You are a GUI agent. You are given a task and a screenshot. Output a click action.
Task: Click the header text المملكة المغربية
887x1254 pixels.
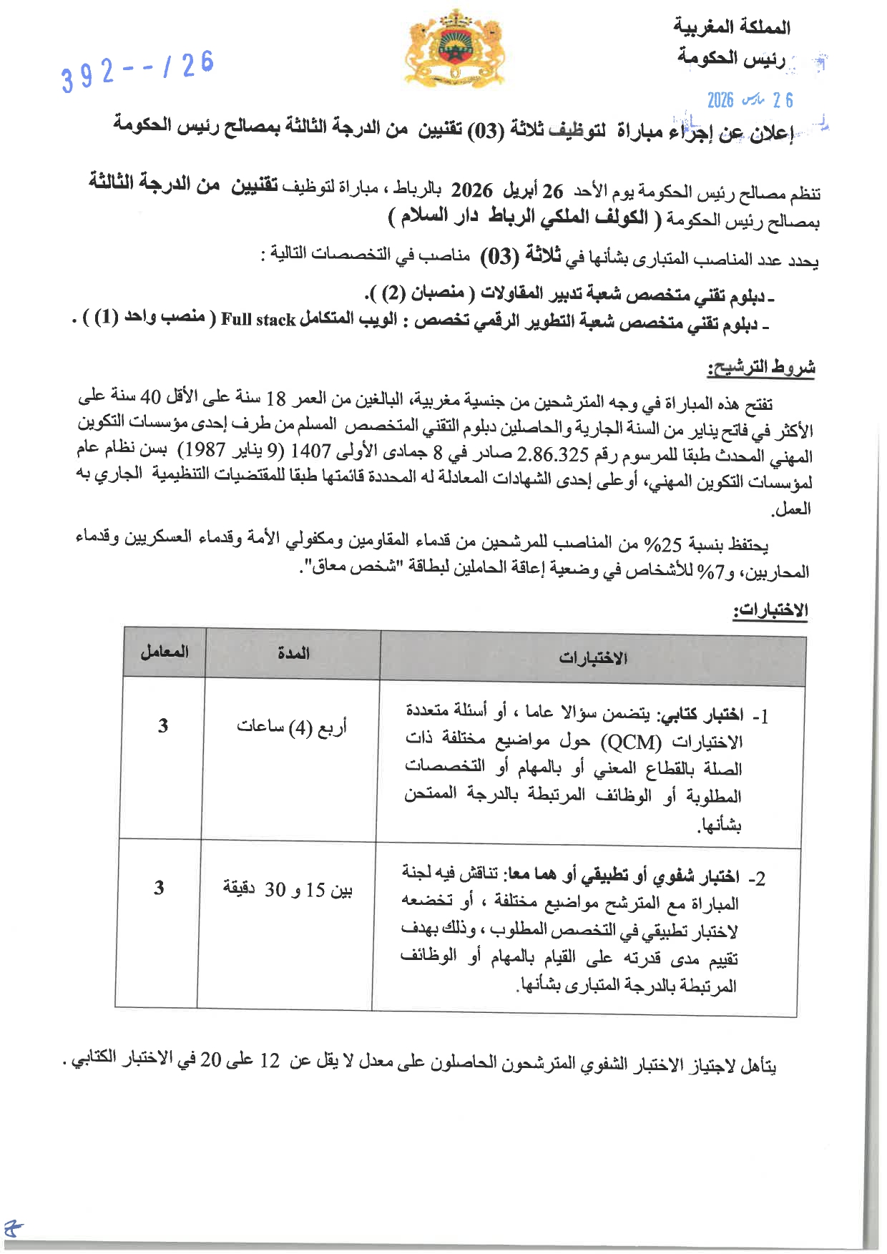click(x=731, y=27)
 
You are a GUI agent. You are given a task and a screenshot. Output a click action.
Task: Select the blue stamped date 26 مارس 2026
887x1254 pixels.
click(x=750, y=100)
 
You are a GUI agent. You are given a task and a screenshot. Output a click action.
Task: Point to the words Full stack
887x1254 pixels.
click(x=258, y=320)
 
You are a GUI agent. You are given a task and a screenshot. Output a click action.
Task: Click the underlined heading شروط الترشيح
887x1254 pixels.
click(x=761, y=368)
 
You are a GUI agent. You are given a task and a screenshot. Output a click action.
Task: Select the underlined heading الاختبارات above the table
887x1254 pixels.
click(x=770, y=610)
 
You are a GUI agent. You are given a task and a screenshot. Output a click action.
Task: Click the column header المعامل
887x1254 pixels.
click(x=165, y=652)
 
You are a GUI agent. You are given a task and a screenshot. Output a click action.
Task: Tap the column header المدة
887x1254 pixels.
click(x=293, y=653)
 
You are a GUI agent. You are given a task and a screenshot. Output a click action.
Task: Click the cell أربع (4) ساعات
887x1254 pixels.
click(x=292, y=728)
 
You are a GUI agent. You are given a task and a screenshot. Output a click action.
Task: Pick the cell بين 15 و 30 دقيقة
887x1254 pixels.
click(x=288, y=889)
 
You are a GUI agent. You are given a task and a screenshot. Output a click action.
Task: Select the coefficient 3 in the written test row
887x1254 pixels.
click(x=163, y=726)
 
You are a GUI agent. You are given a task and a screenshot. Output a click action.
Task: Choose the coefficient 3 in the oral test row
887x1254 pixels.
click(x=159, y=888)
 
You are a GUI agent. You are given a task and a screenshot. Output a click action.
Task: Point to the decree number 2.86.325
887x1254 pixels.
click(x=552, y=454)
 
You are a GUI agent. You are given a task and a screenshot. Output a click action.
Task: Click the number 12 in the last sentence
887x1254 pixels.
click(x=270, y=1061)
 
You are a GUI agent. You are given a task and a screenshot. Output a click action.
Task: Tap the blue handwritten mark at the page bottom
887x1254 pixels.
click(x=12, y=1229)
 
